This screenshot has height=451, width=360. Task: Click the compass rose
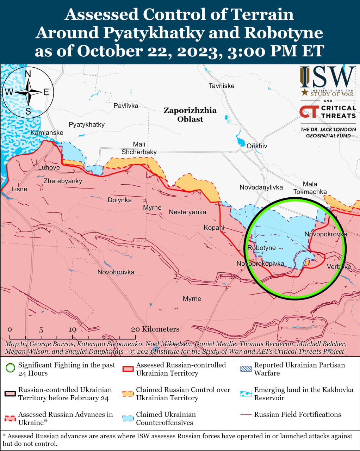(28, 92)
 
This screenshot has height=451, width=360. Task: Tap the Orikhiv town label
(257, 146)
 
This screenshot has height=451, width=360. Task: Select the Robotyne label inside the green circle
(261, 248)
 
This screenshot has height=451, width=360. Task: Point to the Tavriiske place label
(221, 86)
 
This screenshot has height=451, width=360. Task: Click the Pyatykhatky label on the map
(87, 124)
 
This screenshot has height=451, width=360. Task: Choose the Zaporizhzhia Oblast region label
(190, 115)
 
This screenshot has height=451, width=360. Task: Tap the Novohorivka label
(116, 272)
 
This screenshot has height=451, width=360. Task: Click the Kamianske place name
(47, 132)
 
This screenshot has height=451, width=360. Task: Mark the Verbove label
(339, 266)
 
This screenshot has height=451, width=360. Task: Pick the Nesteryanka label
(187, 212)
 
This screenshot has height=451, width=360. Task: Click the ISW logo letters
(328, 78)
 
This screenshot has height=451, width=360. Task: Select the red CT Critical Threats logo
(309, 112)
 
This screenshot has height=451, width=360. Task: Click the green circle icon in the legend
(11, 369)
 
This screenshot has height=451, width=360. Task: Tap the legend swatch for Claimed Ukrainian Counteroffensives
(128, 418)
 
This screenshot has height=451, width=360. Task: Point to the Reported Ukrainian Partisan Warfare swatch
(246, 369)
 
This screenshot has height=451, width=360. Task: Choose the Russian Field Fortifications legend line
(246, 414)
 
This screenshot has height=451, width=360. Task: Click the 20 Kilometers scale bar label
(155, 329)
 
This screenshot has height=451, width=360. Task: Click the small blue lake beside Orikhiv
(241, 143)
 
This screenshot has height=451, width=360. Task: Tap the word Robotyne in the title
(284, 33)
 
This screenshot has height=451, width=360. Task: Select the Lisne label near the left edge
(19, 189)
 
